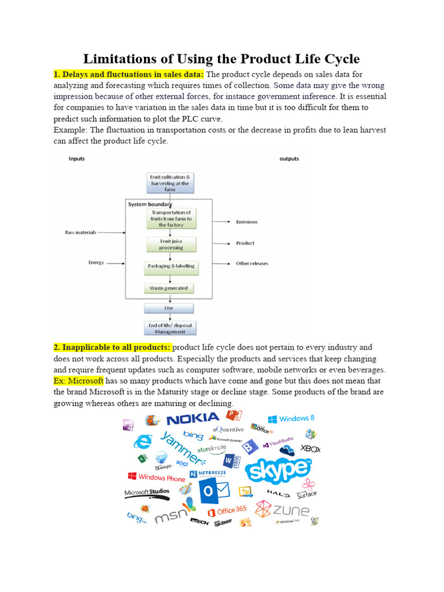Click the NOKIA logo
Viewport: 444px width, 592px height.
193,418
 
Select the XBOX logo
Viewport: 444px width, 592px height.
310,449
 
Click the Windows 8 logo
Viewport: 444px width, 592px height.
291,419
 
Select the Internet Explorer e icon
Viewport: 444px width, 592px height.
142,443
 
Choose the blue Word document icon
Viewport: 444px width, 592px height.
232,461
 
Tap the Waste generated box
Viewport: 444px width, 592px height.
169,287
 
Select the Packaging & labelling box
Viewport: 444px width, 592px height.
169,266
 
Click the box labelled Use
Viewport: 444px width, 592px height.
169,308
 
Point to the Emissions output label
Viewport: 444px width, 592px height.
247,222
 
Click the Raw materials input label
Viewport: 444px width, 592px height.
80,232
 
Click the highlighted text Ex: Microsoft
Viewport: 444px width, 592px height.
79,381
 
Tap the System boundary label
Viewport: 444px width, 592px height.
150,204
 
